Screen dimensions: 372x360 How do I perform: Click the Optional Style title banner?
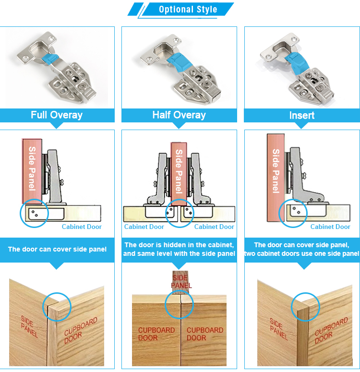click(x=188, y=10)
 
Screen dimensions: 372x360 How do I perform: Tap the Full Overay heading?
click(x=57, y=115)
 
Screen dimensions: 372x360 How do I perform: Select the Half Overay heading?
click(x=179, y=115)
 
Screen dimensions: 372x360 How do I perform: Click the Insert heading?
click(x=302, y=116)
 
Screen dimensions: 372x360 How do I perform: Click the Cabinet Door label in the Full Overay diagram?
click(x=82, y=227)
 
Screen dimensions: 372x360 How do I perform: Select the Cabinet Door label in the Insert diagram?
click(x=330, y=227)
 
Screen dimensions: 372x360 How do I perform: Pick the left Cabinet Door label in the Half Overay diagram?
click(x=144, y=227)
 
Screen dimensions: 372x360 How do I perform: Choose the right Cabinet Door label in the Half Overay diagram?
click(x=214, y=227)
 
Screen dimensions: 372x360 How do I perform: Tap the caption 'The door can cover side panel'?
click(x=57, y=249)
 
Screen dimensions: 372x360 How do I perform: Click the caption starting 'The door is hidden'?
click(x=179, y=249)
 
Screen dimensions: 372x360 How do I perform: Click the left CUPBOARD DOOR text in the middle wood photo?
click(x=156, y=334)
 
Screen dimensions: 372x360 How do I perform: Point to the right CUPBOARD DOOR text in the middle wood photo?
click(x=205, y=334)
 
